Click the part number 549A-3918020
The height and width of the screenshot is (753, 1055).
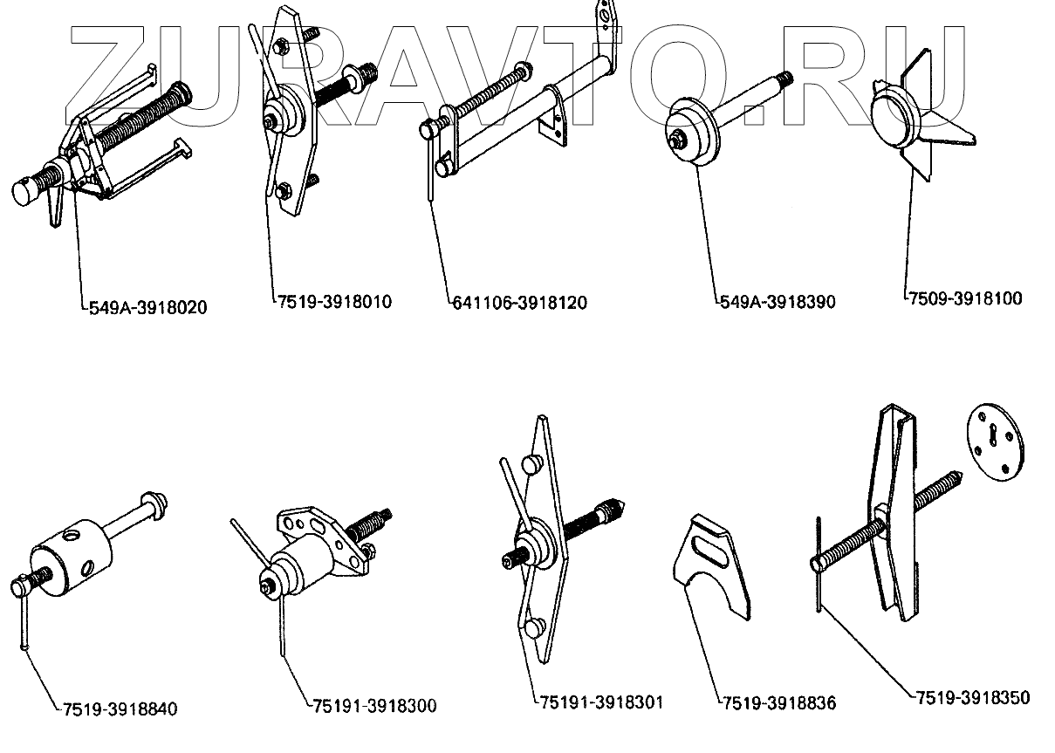148,307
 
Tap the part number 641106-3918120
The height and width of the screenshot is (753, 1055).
520,303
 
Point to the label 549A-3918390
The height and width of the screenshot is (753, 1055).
778,302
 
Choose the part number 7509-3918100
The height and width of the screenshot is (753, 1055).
964,298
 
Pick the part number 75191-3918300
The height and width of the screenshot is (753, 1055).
373,705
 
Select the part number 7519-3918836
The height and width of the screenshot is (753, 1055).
778,702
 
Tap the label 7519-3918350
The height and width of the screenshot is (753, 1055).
972,697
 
